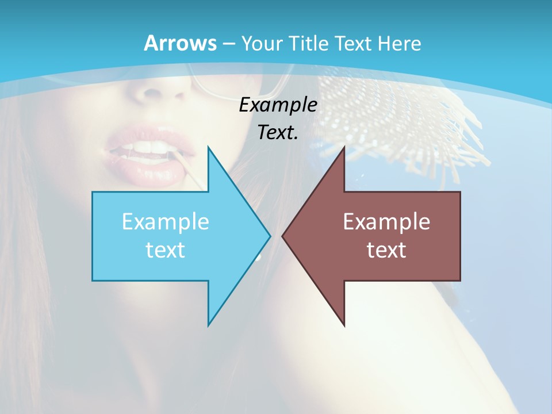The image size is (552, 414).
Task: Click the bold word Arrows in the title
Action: [180, 43]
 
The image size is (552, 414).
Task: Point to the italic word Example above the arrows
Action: [278, 105]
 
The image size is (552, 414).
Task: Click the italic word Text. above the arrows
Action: [278, 132]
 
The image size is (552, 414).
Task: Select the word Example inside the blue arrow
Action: [166, 222]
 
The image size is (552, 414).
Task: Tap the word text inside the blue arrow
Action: [166, 250]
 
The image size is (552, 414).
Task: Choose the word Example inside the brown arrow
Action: [386, 222]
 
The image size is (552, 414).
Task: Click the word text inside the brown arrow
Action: [386, 250]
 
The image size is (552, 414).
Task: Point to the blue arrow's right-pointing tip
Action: [269, 236]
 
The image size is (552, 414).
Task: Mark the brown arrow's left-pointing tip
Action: [283, 236]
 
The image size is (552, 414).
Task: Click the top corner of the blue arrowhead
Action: [208, 148]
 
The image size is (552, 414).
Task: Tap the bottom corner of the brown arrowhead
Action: [344, 325]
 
